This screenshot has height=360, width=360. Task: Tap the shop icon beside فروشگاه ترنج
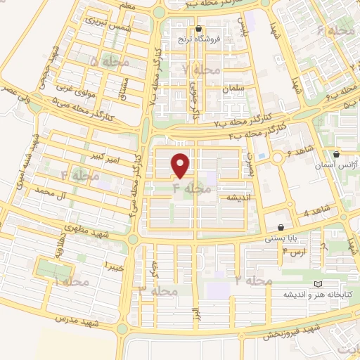tap(199, 30)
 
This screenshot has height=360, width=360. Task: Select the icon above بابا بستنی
tap(281, 227)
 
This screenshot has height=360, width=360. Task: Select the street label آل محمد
tap(54, 191)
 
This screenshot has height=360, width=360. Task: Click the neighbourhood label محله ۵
tap(105, 62)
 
